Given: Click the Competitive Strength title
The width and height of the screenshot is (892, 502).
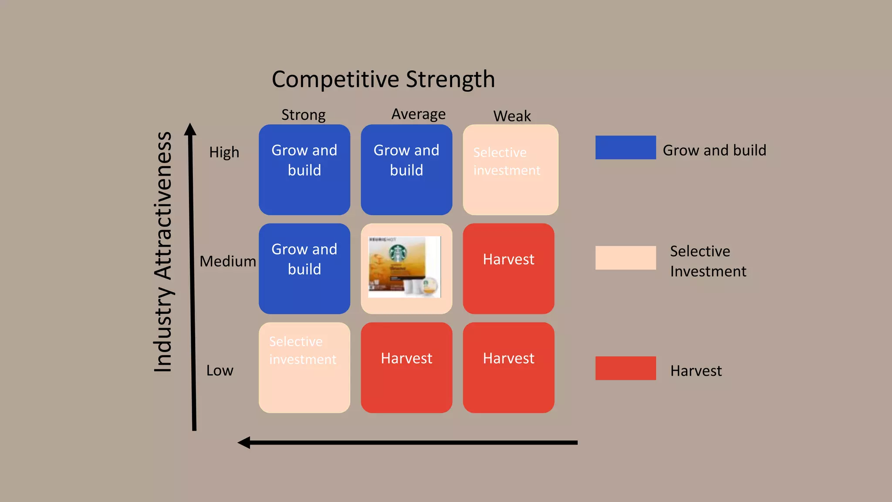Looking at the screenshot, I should (x=383, y=79).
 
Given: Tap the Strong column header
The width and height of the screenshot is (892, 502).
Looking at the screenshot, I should (x=303, y=115).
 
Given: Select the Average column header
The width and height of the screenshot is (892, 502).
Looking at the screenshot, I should (x=418, y=114).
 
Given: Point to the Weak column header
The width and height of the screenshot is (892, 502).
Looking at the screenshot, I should (x=512, y=116).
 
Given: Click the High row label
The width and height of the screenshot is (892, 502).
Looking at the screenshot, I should (x=224, y=152).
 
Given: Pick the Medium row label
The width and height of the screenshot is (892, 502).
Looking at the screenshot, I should (x=228, y=261).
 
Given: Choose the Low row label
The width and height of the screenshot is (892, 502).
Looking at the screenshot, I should (x=220, y=370).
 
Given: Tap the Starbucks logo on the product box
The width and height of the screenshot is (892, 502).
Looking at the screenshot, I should (x=398, y=253).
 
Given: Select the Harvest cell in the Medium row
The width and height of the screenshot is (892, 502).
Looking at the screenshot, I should (x=508, y=268).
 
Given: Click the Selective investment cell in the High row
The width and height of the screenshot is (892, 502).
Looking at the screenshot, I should (x=510, y=170).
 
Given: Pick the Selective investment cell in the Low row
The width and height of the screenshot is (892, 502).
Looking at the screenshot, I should (x=304, y=367).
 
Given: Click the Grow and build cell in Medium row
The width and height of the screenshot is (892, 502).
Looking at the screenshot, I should (x=304, y=268).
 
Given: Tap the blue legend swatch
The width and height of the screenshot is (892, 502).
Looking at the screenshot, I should (x=625, y=147).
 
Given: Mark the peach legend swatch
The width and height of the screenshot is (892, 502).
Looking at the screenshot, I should (x=625, y=258).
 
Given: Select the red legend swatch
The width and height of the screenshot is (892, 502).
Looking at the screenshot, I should (x=625, y=368).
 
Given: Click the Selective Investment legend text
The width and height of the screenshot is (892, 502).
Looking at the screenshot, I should (x=708, y=261).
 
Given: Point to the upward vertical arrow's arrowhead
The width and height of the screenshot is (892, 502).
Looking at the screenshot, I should (x=190, y=129).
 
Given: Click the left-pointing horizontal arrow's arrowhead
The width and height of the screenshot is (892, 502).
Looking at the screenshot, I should (x=244, y=442).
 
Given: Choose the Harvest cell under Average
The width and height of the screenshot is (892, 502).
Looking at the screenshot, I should (x=406, y=367).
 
